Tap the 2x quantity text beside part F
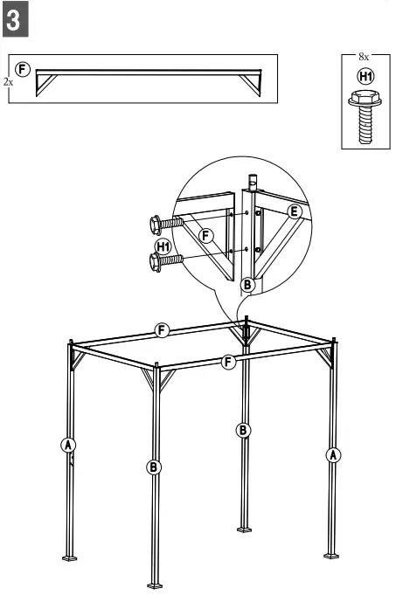pyautogui.click(x=8, y=80)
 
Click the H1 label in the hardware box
pyautogui.click(x=364, y=76)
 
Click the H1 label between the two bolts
pyautogui.click(x=163, y=246)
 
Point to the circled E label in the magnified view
pyautogui.click(x=294, y=210)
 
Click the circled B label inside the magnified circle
pyautogui.click(x=247, y=284)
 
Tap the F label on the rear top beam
pyautogui.click(x=161, y=329)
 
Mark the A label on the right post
pyautogui.click(x=332, y=453)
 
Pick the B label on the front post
pyautogui.click(x=154, y=467)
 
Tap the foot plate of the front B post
pyautogui.click(x=155, y=583)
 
